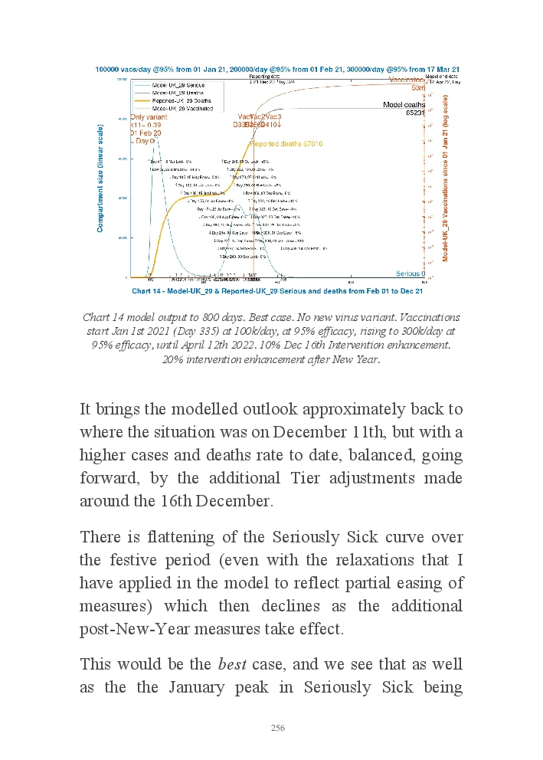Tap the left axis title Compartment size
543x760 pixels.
(x=100, y=178)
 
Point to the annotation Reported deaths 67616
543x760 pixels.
(x=286, y=143)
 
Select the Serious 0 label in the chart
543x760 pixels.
(x=411, y=274)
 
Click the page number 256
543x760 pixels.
(x=278, y=728)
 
